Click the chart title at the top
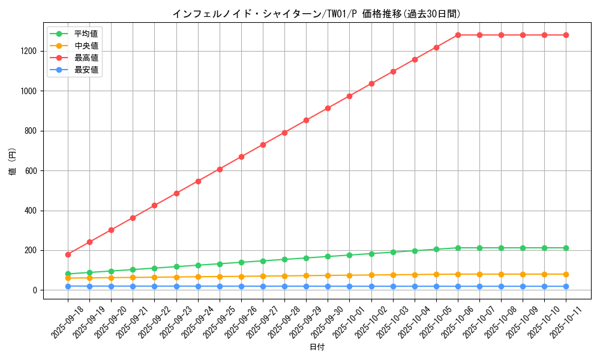[x=317, y=14]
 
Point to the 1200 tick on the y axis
[x=30, y=51]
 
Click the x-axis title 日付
[x=317, y=347]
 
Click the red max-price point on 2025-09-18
[x=68, y=254]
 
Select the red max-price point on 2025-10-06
[x=458, y=35]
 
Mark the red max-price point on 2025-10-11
[x=566, y=35]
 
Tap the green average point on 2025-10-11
[x=566, y=248]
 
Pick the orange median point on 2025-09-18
[x=68, y=278]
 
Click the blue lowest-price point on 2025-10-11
[x=566, y=286]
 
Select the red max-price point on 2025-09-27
[x=263, y=145]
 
